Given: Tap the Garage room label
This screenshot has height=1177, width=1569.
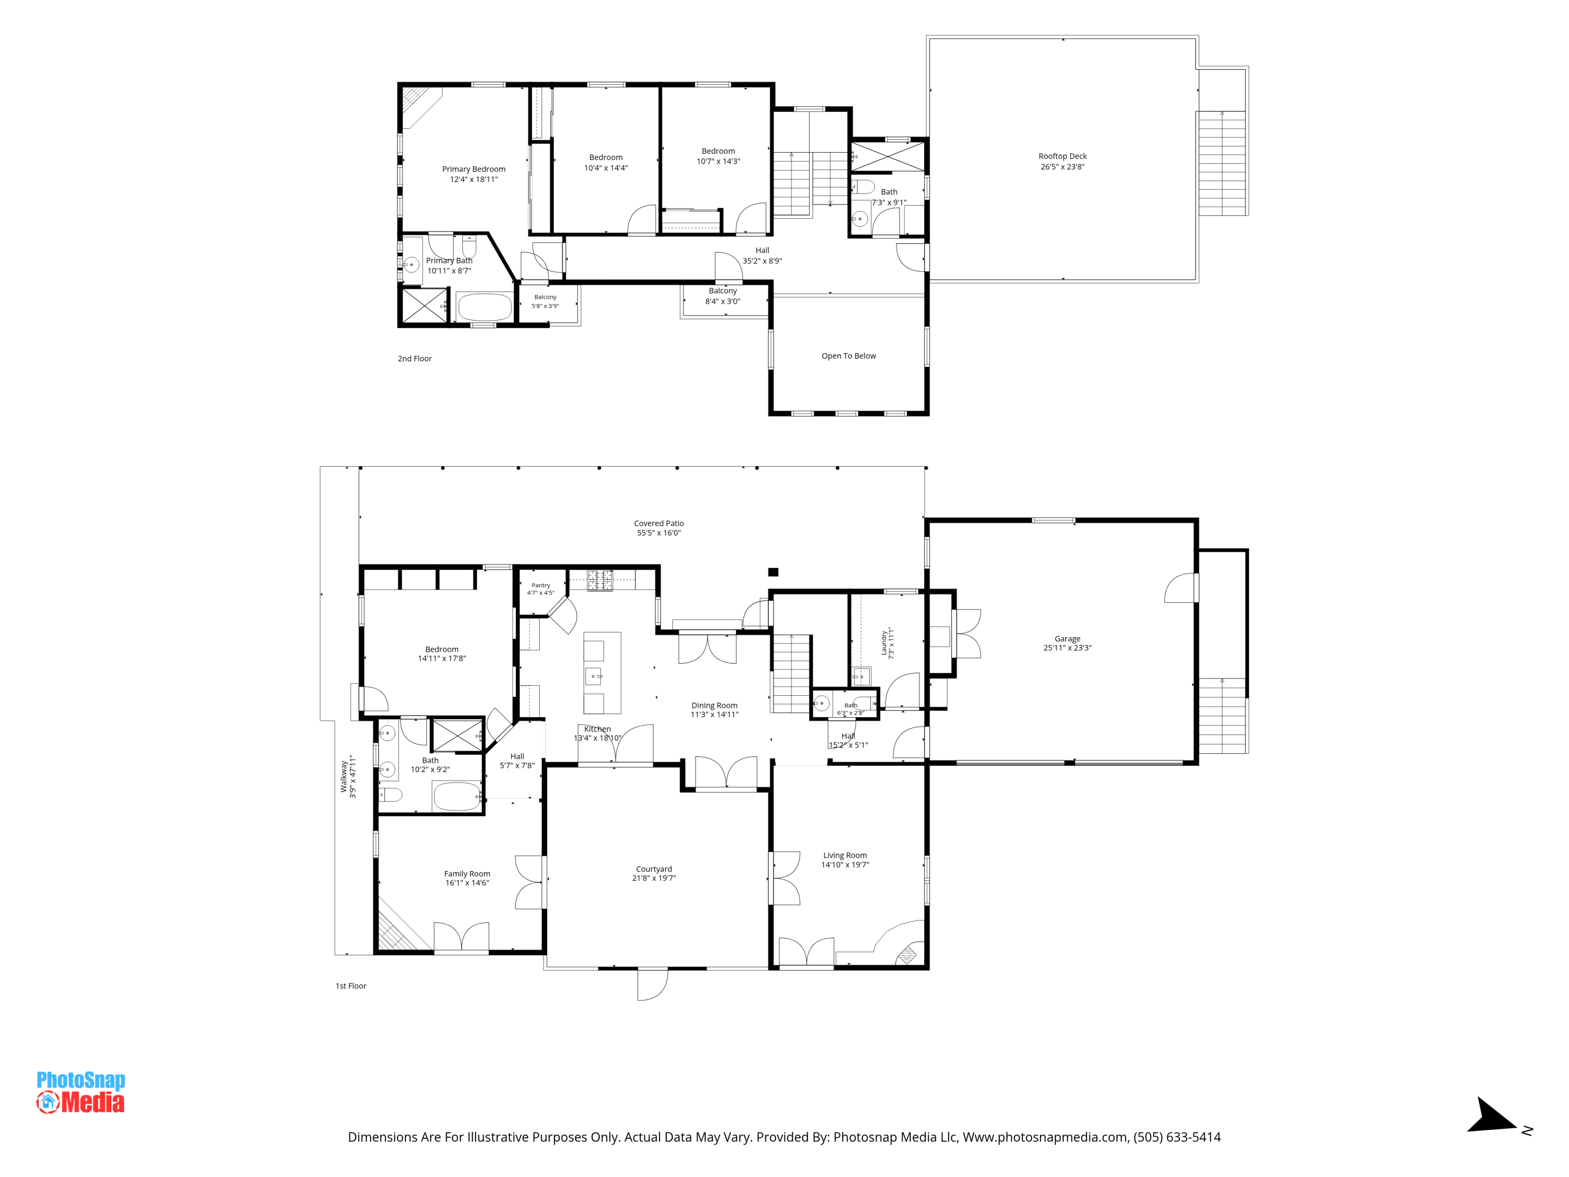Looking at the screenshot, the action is click(1067, 639).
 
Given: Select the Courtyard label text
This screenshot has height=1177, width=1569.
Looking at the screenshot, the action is click(653, 869).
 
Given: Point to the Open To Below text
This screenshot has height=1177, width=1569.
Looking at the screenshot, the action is click(848, 356).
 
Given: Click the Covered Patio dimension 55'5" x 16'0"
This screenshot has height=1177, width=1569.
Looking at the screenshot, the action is click(658, 533).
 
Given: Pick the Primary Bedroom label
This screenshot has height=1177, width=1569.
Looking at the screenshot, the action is click(473, 169).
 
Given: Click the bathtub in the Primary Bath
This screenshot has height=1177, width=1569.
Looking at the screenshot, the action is click(484, 307).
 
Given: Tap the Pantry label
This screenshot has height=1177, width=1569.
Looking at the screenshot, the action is click(540, 585).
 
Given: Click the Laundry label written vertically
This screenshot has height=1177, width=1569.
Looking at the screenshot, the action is click(884, 643).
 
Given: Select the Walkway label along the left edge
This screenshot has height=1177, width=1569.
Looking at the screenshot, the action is click(344, 777).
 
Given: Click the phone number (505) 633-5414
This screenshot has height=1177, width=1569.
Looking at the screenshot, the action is click(1177, 1137).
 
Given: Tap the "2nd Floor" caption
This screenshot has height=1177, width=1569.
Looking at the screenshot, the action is click(414, 359).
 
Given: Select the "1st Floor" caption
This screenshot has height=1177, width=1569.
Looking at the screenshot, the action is click(350, 986).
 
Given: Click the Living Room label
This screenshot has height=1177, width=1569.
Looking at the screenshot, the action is click(845, 856).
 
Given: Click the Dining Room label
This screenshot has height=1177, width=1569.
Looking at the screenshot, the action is click(714, 706).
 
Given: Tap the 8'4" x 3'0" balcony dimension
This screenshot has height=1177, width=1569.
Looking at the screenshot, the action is click(722, 301).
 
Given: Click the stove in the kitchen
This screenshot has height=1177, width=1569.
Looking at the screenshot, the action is click(599, 580).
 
